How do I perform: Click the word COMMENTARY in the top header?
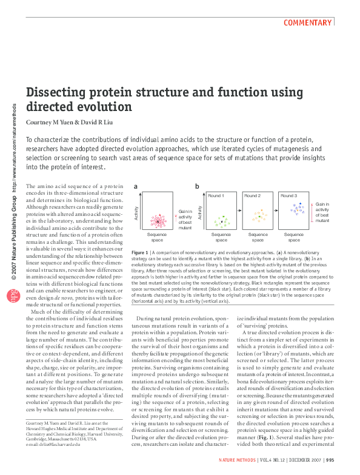point(308,23)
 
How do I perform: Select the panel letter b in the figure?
point(197,186)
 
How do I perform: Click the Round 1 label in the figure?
point(216,196)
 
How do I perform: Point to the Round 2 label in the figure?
point(252,196)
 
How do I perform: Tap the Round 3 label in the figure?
point(288,196)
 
